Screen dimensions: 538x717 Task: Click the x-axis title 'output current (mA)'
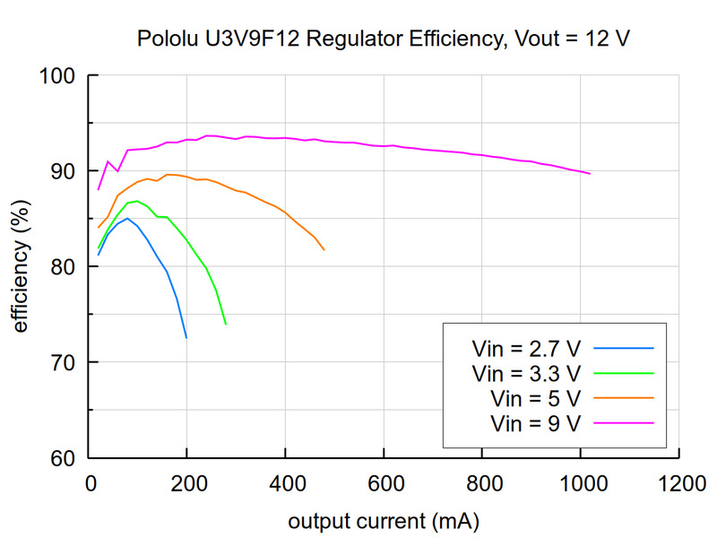click(x=383, y=521)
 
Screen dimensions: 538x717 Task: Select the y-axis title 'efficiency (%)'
click(x=20, y=267)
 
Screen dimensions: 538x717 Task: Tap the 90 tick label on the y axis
click(x=64, y=171)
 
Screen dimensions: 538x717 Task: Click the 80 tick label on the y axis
click(x=64, y=267)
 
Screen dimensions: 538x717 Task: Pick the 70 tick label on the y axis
click(x=64, y=363)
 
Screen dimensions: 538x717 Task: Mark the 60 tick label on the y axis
click(x=64, y=459)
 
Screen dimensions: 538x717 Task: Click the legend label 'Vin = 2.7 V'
click(x=527, y=347)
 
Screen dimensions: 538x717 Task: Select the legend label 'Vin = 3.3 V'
click(x=527, y=372)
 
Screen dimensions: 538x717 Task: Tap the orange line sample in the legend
click(x=624, y=397)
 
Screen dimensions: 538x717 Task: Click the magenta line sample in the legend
click(x=624, y=422)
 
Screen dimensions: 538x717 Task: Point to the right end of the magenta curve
click(x=589, y=173)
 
